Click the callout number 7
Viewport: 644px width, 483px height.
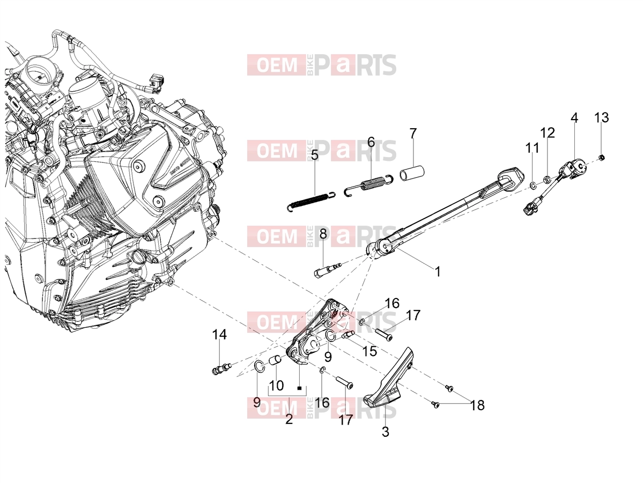[x=413, y=133]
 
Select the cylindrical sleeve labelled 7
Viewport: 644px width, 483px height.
[x=412, y=174]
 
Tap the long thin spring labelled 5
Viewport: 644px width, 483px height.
[x=311, y=199]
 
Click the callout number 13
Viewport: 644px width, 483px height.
[x=602, y=117]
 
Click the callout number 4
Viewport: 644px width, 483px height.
[x=574, y=117]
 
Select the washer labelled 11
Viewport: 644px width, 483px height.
[x=533, y=185]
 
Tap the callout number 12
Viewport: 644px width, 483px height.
[x=547, y=133]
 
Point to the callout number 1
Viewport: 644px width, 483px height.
[x=438, y=272]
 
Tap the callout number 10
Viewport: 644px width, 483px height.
[x=276, y=385]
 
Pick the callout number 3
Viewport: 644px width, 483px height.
[x=385, y=432]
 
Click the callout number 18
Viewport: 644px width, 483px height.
[x=477, y=405]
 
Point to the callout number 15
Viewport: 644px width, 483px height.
[x=369, y=351]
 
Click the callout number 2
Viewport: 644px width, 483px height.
[x=289, y=419]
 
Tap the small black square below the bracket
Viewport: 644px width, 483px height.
[x=299, y=388]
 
